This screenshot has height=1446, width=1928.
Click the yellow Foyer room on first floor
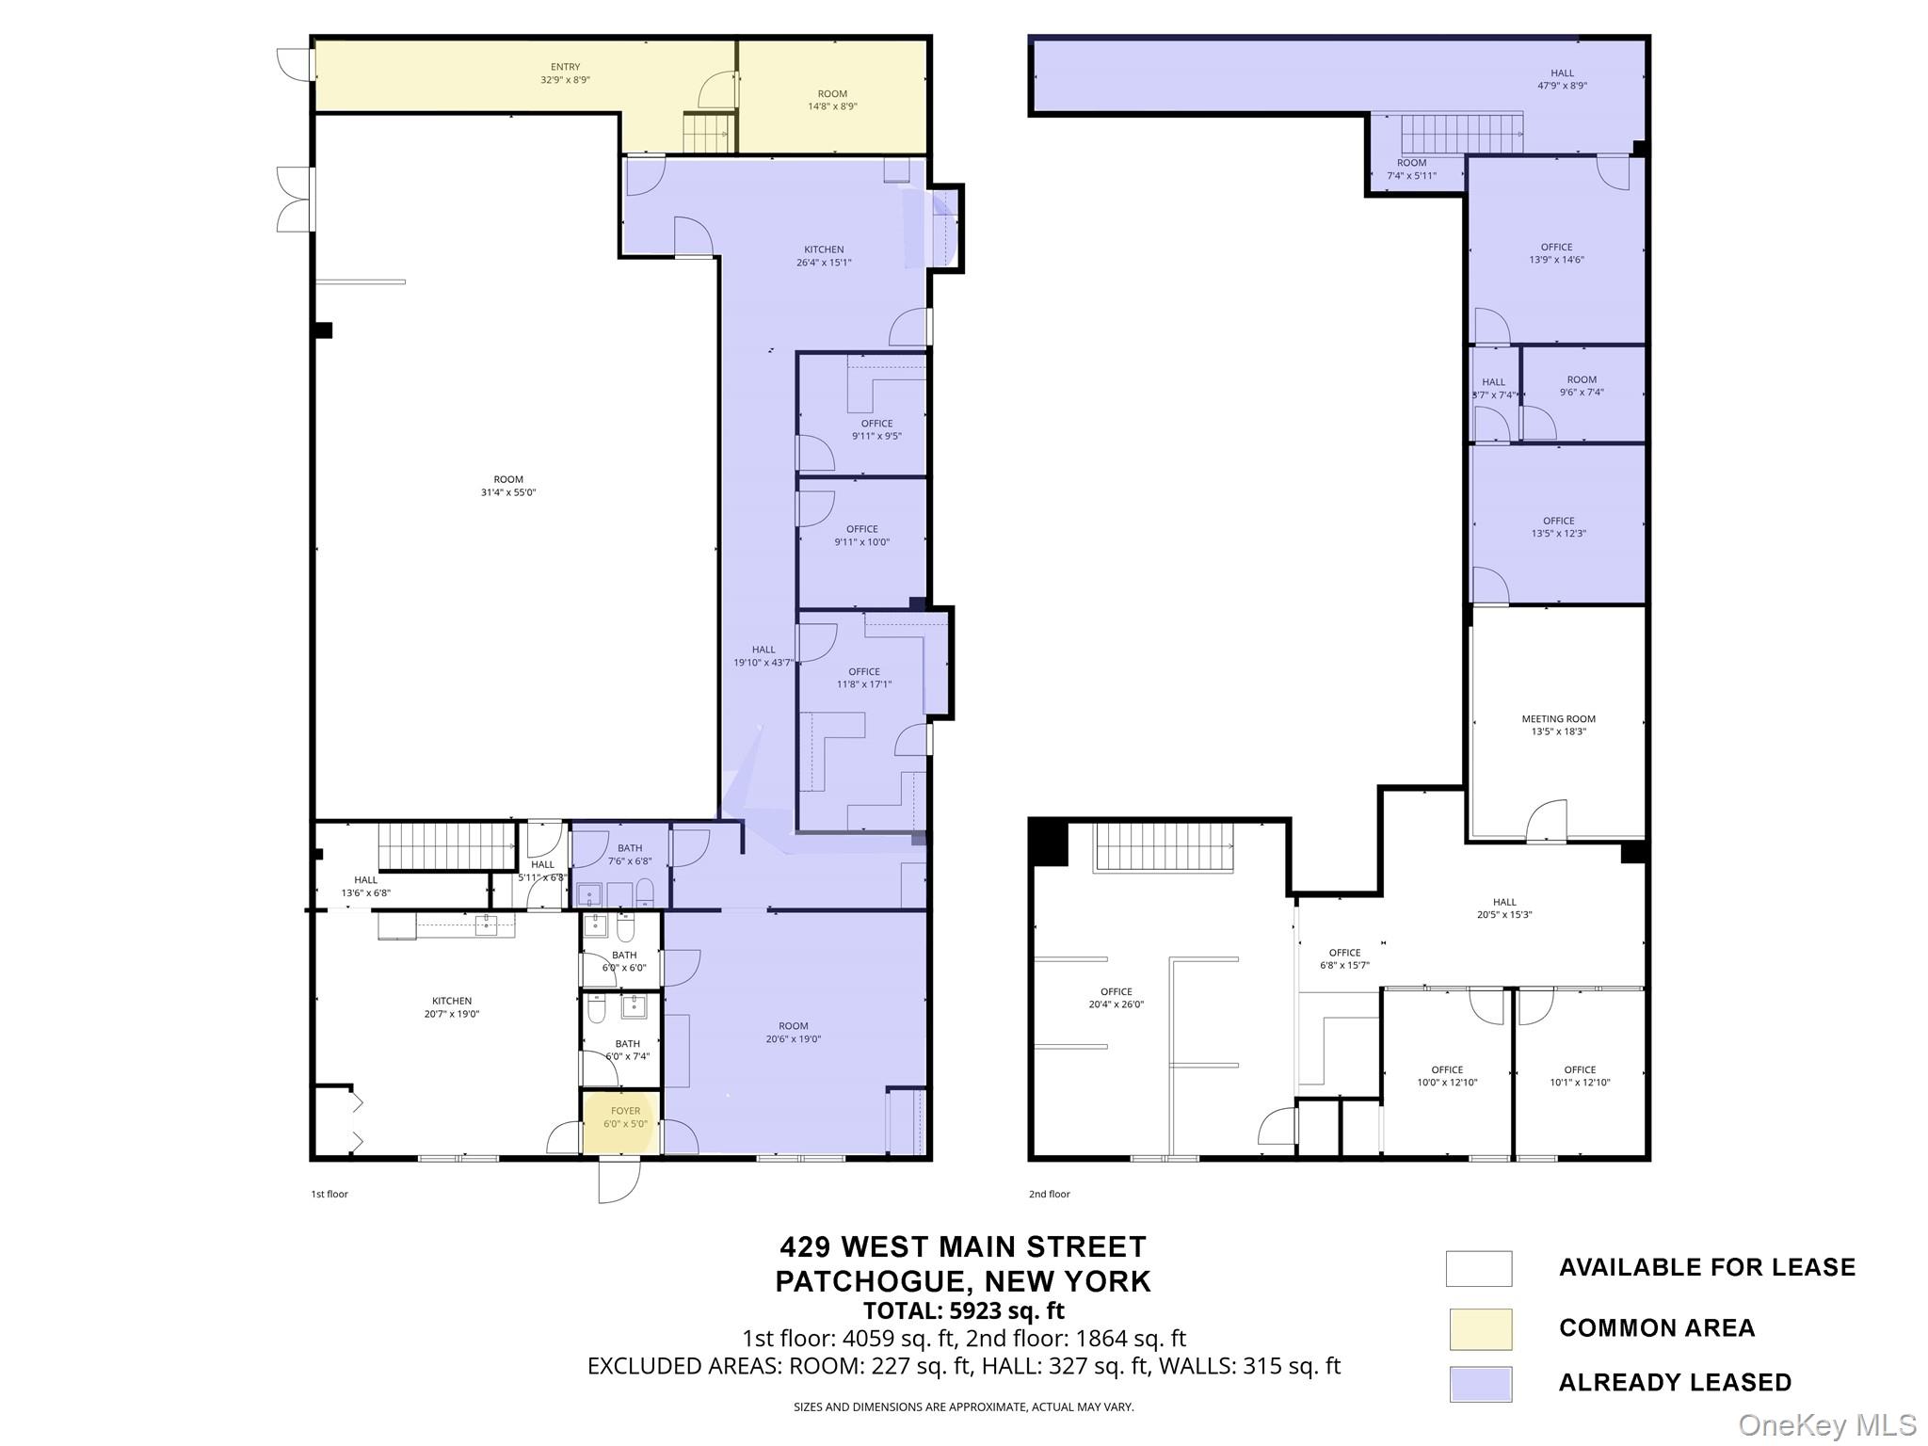coord(621,1121)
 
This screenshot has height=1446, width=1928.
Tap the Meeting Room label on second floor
coord(1558,725)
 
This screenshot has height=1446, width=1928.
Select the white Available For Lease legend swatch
coord(1479,1268)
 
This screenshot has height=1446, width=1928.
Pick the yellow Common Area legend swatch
coord(1479,1328)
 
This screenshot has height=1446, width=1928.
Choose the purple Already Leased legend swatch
coord(1479,1384)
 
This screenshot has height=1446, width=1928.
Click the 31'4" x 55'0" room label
coord(508,486)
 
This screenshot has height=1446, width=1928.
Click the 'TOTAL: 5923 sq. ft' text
coord(964,1310)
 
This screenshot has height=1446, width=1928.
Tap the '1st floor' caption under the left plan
coord(329,1194)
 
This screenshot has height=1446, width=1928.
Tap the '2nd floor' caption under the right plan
coord(1049,1194)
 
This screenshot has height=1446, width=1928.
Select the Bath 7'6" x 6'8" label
coord(630,854)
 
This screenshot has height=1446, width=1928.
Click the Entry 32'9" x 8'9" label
coord(565,73)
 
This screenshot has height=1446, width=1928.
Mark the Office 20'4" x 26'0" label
coord(1117,998)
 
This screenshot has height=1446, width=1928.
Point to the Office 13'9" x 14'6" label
coord(1557,253)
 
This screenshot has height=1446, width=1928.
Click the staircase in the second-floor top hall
coord(1462,134)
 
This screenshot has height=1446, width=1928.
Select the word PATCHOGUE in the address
coord(867,1281)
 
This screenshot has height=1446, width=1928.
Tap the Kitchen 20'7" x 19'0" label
coord(452,1007)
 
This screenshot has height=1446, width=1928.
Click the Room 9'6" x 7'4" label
coord(1582,386)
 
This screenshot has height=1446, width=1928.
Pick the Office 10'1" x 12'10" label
coord(1580,1076)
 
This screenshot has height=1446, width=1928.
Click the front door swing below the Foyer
coord(619,1181)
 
